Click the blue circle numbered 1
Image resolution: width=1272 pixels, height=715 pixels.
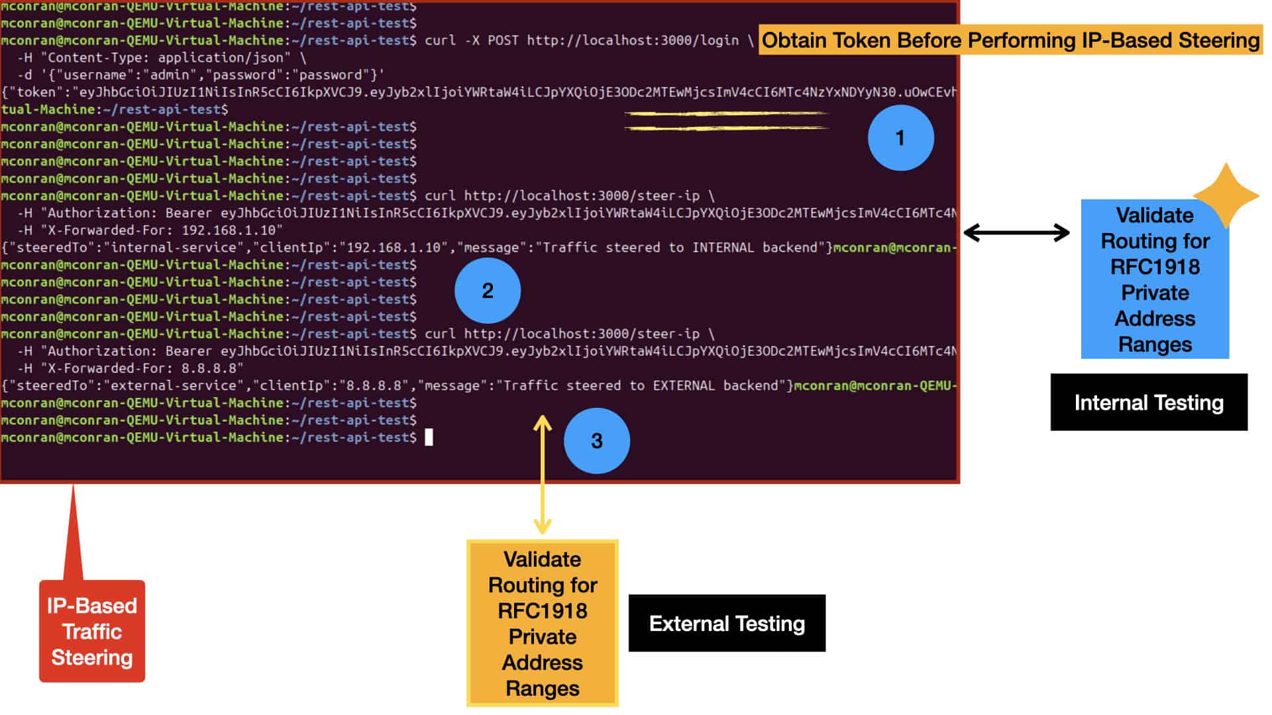point(900,138)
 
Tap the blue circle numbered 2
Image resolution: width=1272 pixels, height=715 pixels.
point(488,291)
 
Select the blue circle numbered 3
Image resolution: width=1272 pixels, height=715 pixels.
point(596,441)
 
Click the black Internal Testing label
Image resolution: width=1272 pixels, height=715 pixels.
point(1149,403)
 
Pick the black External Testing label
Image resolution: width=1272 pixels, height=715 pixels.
point(727,624)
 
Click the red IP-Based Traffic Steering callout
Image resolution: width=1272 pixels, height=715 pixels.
point(92,631)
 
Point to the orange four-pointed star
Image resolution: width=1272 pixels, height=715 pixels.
point(1226,196)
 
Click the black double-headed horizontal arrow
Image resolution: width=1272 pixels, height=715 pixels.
point(1016,232)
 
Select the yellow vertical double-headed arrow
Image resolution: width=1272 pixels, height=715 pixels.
point(543,474)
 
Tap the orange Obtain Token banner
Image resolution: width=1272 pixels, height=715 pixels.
point(1010,40)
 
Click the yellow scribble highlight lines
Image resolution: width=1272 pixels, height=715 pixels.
point(726,120)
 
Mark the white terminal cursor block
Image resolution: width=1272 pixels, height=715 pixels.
point(429,437)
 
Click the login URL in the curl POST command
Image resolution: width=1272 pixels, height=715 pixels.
point(633,40)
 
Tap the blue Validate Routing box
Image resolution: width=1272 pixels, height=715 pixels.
point(1155,279)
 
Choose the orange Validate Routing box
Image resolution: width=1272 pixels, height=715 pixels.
point(543,624)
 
